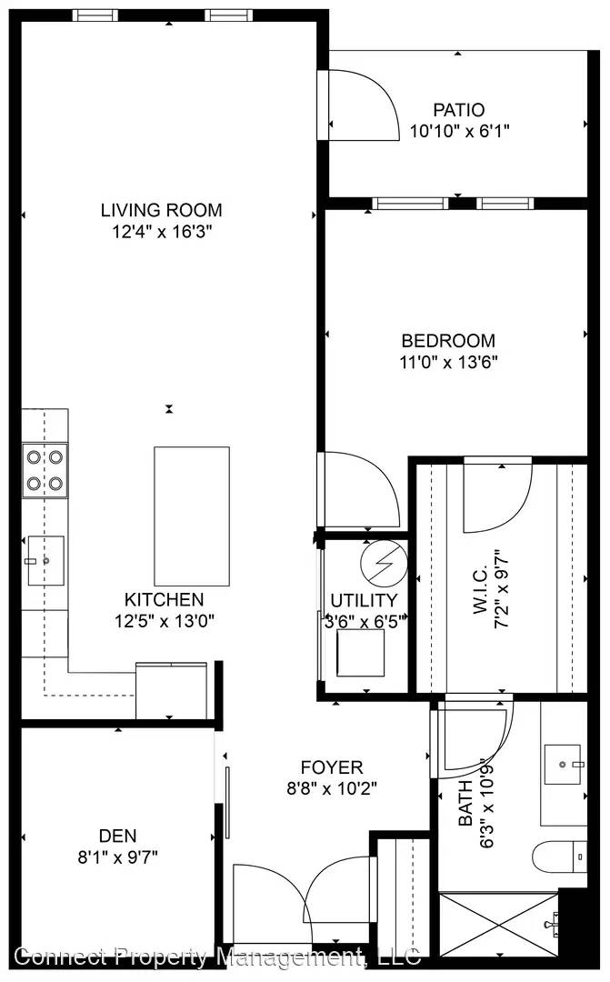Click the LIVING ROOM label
(162, 210)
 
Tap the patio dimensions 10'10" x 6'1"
(460, 131)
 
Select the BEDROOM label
(448, 341)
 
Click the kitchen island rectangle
(192, 516)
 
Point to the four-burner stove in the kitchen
(45, 470)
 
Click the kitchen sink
(45, 560)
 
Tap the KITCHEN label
(164, 599)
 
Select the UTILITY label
(364, 601)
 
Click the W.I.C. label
(480, 591)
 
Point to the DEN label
(118, 836)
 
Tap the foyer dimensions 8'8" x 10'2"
(332, 788)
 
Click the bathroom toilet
(560, 857)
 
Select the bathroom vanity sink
(565, 764)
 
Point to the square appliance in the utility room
(360, 653)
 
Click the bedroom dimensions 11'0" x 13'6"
(448, 362)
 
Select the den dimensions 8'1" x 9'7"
(118, 857)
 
